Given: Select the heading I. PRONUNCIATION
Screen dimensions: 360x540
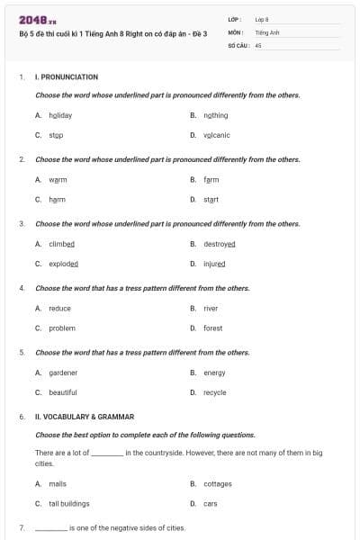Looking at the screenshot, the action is tap(66, 77).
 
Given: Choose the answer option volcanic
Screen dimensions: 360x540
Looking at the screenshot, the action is tap(216, 135).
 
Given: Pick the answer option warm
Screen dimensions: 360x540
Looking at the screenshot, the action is tap(58, 179).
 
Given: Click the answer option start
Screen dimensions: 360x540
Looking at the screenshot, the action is tap(211, 199).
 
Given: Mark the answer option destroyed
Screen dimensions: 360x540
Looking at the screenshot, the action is tap(219, 244).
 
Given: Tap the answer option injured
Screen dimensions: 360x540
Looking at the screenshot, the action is tap(214, 264).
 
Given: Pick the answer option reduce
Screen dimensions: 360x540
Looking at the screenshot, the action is tap(59, 308).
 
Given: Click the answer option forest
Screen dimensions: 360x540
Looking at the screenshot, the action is tap(212, 328).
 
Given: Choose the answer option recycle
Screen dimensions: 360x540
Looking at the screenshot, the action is tap(214, 392).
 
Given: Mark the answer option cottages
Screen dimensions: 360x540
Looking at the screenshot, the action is tap(217, 483).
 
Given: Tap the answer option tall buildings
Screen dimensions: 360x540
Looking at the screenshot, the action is tap(68, 503).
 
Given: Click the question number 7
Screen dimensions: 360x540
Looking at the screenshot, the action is tap(21, 527).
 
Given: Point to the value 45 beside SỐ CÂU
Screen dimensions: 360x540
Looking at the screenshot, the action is tap(258, 44).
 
